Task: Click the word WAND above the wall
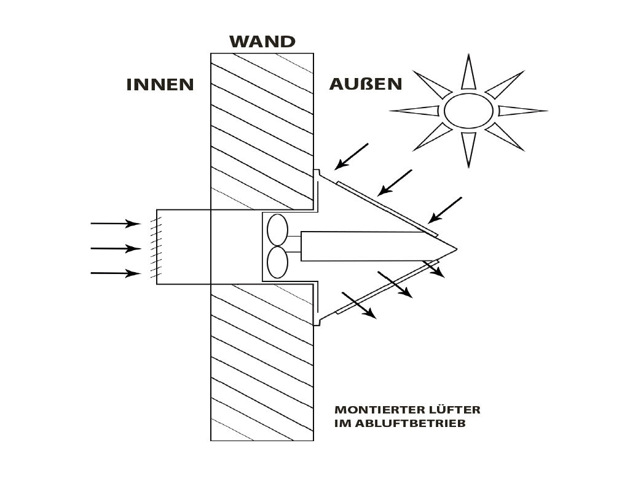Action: tap(262, 42)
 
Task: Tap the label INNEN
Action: tap(160, 85)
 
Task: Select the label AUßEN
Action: tap(366, 84)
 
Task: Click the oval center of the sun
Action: tap(468, 111)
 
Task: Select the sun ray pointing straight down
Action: tap(469, 149)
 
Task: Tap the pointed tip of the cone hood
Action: tap(457, 248)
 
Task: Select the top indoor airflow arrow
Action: tap(116, 224)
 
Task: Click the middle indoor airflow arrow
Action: tap(116, 248)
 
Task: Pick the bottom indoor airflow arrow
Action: tap(116, 273)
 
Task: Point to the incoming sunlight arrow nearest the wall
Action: tap(352, 156)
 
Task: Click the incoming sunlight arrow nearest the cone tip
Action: tap(444, 210)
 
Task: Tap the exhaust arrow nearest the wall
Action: tap(358, 305)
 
